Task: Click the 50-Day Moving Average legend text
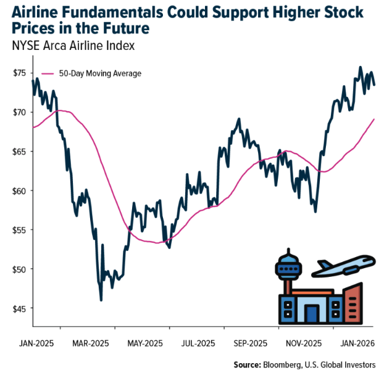pos(100,73)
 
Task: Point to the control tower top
pos(288,262)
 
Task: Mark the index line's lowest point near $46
pos(101,300)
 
